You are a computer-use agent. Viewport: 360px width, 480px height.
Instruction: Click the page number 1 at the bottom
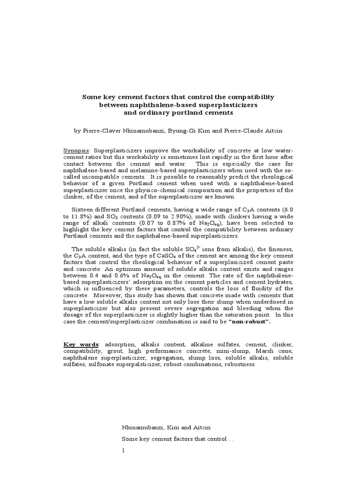click(x=124, y=450)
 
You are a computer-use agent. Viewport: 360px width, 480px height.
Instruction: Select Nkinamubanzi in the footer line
click(x=143, y=427)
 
